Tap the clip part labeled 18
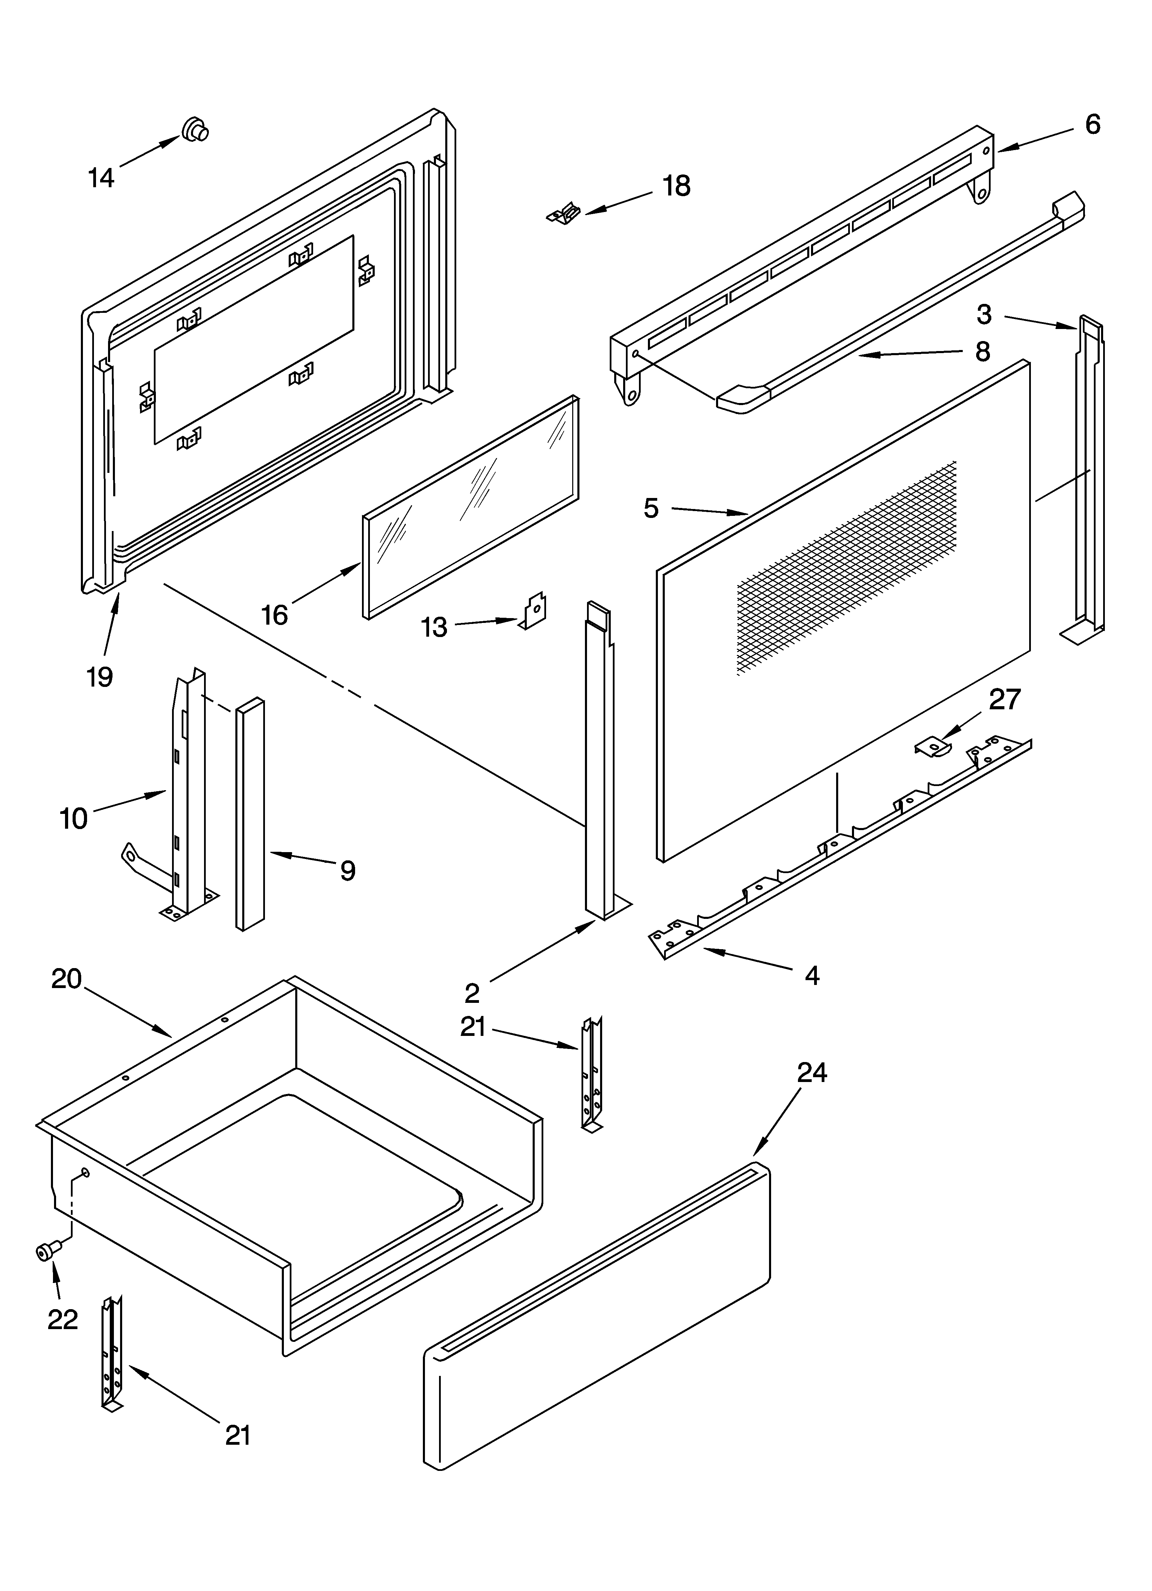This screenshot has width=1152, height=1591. (565, 213)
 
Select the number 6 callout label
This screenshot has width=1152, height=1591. (1092, 125)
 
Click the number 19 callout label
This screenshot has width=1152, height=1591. (100, 677)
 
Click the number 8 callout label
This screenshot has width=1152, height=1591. (982, 351)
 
